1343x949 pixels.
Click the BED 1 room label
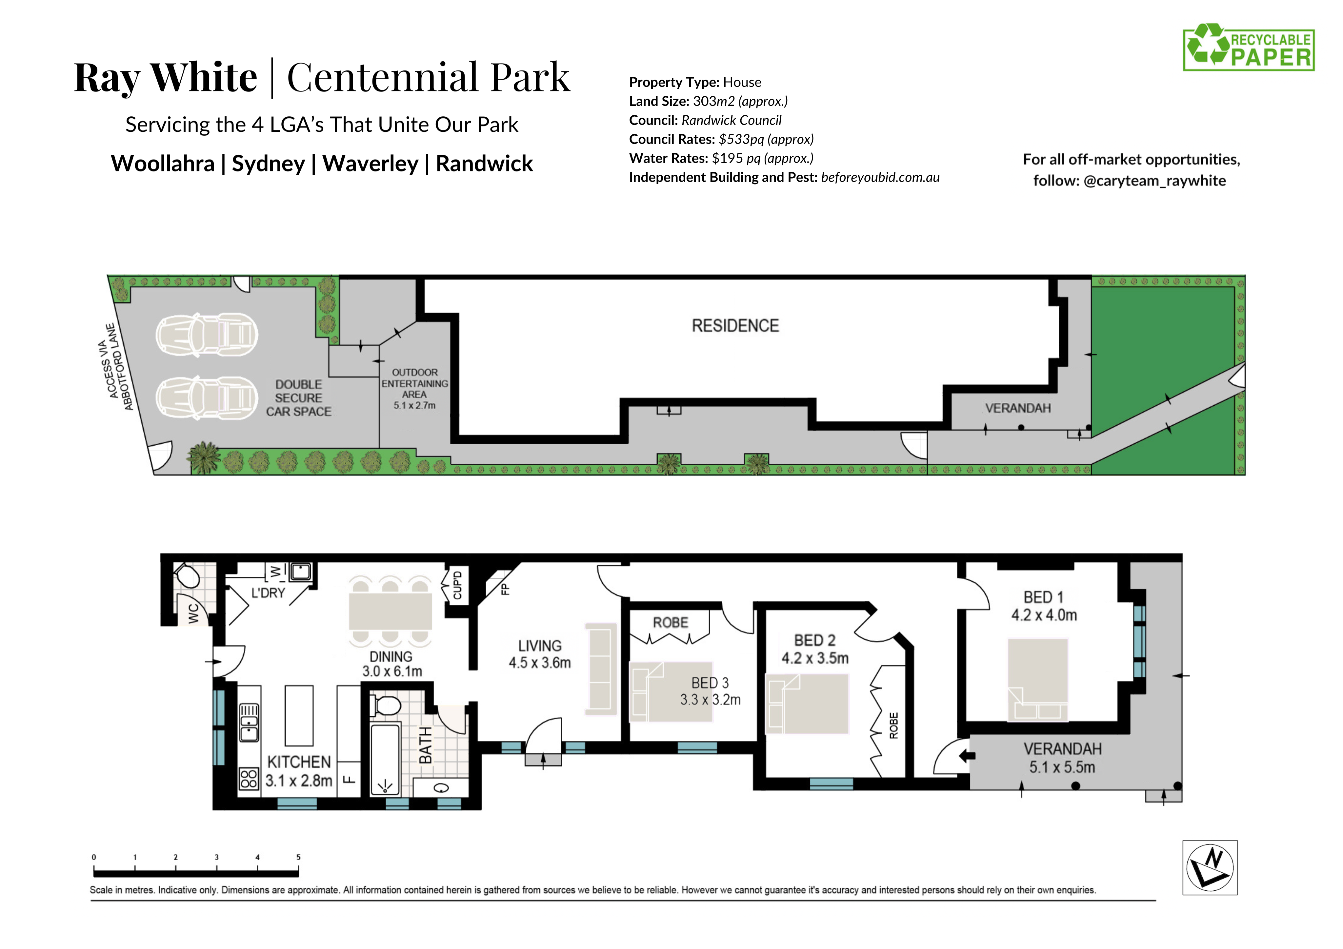pyautogui.click(x=1044, y=597)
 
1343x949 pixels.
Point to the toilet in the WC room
pyautogui.click(x=188, y=575)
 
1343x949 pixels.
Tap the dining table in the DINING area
pyautogui.click(x=390, y=611)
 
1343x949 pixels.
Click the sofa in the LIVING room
pyautogui.click(x=601, y=668)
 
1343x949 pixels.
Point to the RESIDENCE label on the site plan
pyautogui.click(x=735, y=326)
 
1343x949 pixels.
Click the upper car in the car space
pyautogui.click(x=207, y=335)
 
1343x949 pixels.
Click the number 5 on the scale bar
pyautogui.click(x=298, y=857)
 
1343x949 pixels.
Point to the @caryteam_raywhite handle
pyautogui.click(x=1155, y=181)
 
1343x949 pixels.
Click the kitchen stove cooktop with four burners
pyautogui.click(x=249, y=779)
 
